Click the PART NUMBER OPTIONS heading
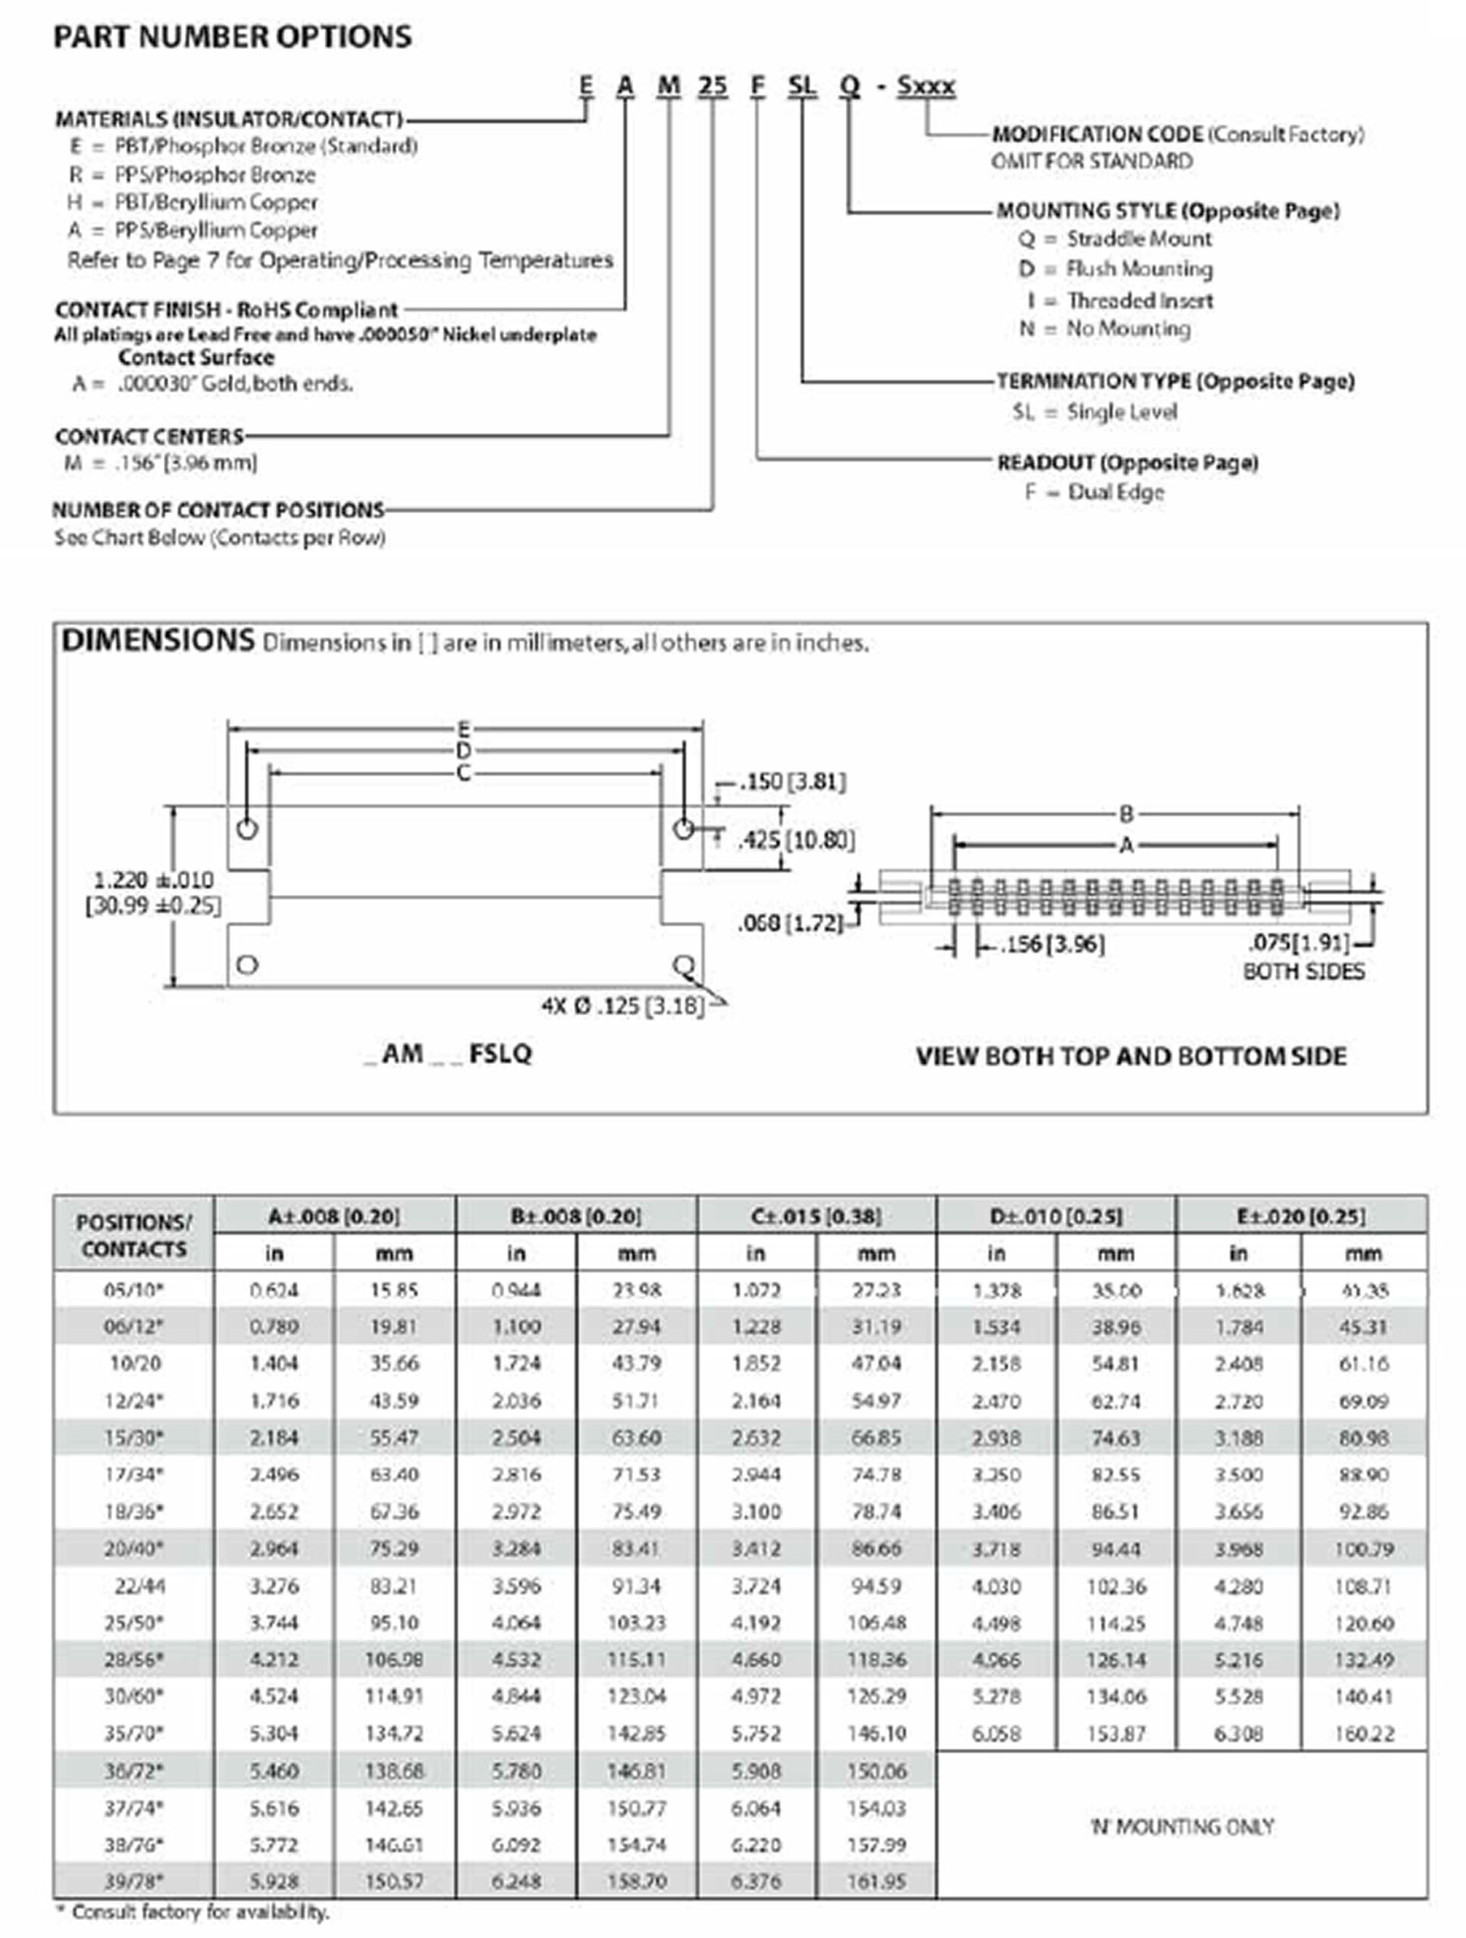pos(232,37)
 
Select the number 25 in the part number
pos(713,86)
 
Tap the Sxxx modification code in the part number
pos(925,86)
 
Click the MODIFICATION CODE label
pos(1097,134)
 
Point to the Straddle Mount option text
pos(1138,238)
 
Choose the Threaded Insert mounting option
pos(1139,301)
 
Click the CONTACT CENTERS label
pos(149,436)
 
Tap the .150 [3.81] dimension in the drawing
pos(792,781)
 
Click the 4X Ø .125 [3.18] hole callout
pos(622,1006)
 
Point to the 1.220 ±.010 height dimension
pos(154,880)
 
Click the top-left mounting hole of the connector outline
pos(247,829)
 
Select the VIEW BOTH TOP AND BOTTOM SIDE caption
pos(1131,1056)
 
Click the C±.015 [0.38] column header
pos(816,1216)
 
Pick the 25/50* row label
pos(133,1622)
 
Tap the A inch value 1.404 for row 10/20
pos(273,1363)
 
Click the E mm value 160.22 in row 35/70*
pos(1364,1733)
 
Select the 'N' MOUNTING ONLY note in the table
pos(1181,1826)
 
